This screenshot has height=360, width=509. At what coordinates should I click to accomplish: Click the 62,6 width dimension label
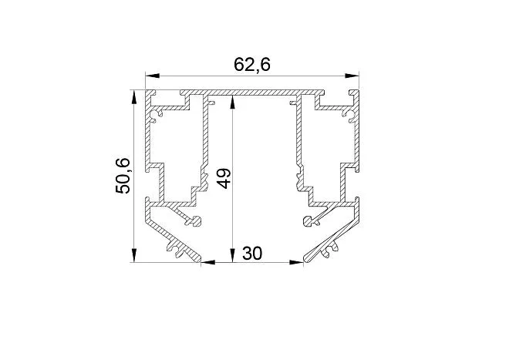point(252,65)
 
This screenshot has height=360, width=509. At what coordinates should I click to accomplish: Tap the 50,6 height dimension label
point(123,176)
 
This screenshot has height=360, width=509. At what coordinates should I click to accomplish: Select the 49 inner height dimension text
point(224,178)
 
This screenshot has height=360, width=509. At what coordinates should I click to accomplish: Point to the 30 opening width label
point(252,253)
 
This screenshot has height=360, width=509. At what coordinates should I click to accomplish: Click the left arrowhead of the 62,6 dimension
point(153,76)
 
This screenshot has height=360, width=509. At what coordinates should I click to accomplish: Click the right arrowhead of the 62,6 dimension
point(352,76)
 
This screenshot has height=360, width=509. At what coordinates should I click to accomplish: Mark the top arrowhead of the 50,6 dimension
point(133,97)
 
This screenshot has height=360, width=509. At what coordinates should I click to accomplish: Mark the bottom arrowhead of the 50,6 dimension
point(133,255)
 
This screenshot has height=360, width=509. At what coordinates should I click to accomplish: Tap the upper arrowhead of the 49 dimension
point(232,103)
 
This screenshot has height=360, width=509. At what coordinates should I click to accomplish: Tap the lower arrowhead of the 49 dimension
point(232,255)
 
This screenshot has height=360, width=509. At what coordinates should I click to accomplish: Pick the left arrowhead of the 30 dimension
point(208,262)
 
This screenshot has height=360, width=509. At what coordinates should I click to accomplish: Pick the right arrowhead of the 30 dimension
point(296,262)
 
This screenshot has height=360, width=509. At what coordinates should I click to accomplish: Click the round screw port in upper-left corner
point(154,116)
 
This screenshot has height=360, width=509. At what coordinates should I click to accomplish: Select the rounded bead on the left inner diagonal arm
point(196,221)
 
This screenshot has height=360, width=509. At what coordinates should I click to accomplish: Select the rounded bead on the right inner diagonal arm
point(308,221)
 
